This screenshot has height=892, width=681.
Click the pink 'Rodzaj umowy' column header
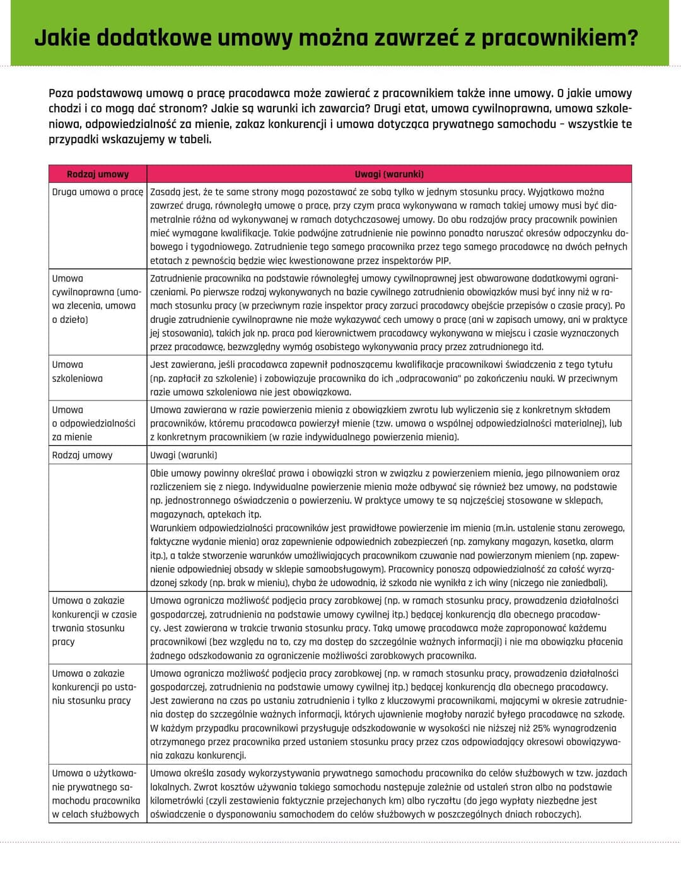98,174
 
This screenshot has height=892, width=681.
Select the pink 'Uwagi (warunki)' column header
389,174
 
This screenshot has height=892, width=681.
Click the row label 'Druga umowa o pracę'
98,192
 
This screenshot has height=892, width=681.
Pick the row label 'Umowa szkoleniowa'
77,372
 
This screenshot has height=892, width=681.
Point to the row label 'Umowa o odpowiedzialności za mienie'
93,423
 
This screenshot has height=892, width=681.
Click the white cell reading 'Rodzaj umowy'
82,455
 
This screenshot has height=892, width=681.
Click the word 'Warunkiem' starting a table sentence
172,528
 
